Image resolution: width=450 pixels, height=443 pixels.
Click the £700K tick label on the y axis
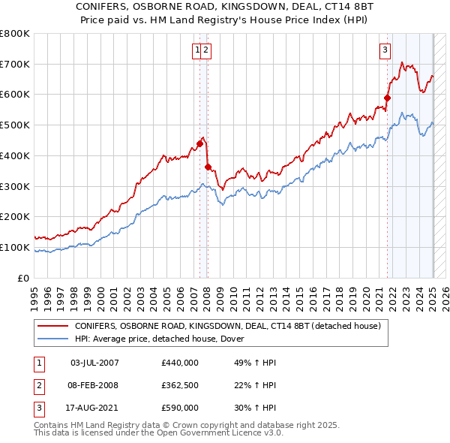click(x=15, y=64)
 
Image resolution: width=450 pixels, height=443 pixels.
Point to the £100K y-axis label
click(x=15, y=247)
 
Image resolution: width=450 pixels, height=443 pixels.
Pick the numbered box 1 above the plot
click(x=197, y=50)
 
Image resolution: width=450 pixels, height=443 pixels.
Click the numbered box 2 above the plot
click(x=205, y=50)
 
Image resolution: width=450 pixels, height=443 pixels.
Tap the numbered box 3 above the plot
click(x=385, y=50)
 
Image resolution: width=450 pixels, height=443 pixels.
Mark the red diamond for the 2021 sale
click(x=388, y=97)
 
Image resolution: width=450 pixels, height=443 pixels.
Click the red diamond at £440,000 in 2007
click(x=200, y=143)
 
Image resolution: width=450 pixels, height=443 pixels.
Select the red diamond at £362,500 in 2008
click(x=208, y=167)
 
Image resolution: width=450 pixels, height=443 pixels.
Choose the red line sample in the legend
click(x=52, y=327)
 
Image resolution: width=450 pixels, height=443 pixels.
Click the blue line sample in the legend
click(x=52, y=339)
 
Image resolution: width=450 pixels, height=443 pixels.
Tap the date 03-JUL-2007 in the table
click(x=94, y=363)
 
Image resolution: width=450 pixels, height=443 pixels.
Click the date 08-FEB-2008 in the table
click(x=94, y=385)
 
